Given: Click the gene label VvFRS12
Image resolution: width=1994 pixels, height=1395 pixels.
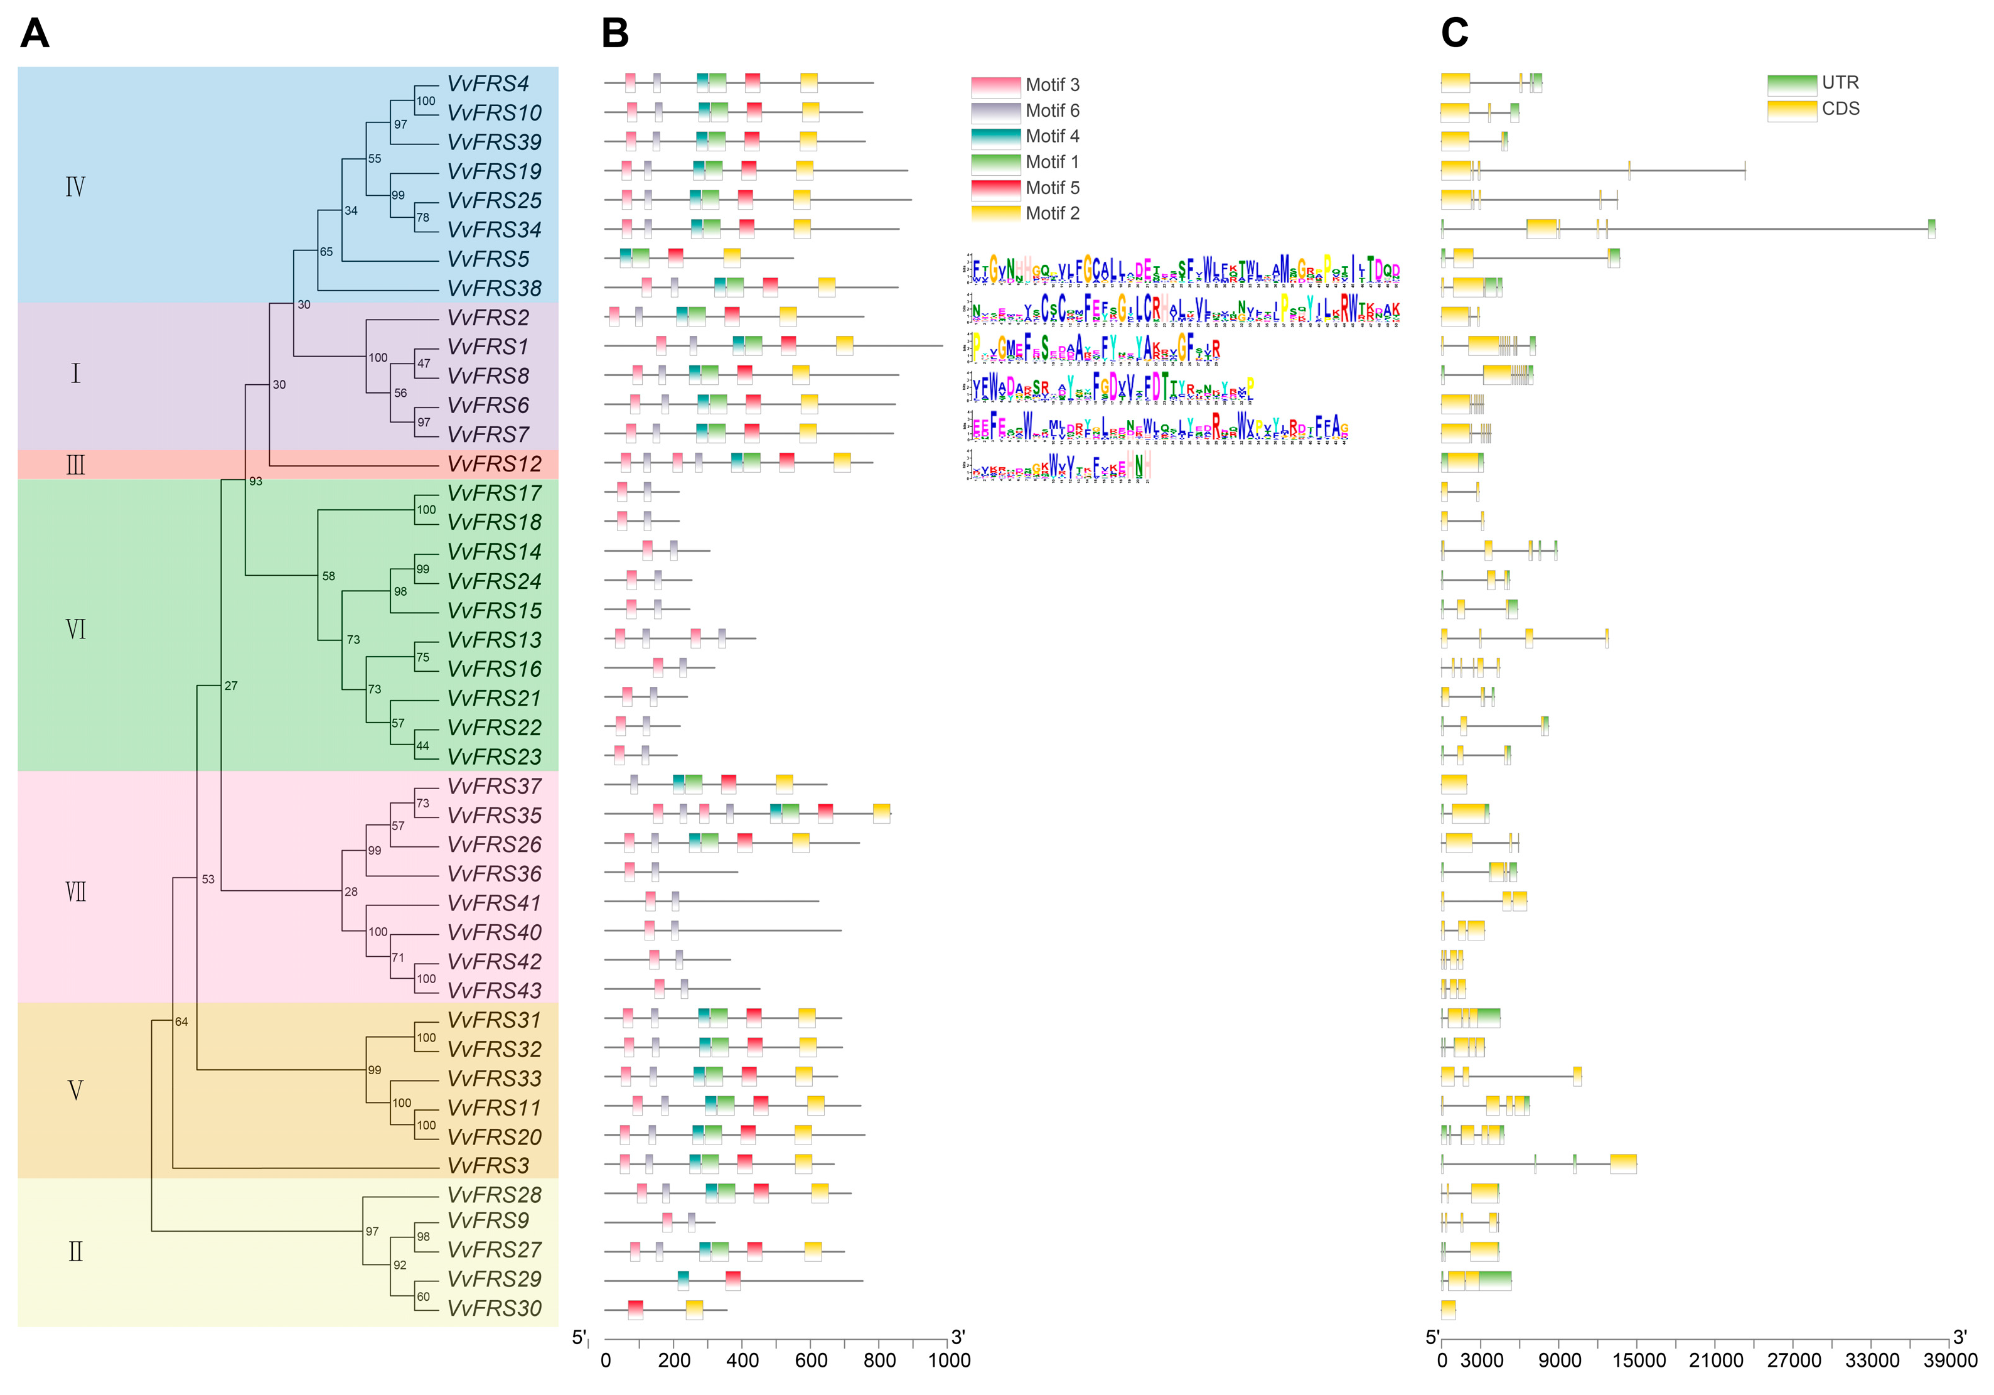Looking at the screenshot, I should (x=493, y=464).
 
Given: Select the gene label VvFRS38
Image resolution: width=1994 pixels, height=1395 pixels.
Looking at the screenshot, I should (x=493, y=288).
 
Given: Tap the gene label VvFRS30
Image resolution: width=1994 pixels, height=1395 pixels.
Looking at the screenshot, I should (x=493, y=1308).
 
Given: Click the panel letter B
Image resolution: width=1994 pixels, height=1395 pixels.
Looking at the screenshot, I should (x=615, y=34).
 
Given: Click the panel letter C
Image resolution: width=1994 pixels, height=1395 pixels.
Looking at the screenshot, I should (x=1455, y=34).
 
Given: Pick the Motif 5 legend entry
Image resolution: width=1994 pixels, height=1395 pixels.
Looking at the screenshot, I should (x=1025, y=188).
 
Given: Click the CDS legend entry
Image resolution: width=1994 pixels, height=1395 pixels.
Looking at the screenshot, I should (x=1815, y=109).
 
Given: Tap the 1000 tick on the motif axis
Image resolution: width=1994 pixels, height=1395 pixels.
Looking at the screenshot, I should (x=948, y=1361).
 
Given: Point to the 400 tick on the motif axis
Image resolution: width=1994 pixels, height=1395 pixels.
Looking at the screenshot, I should (x=742, y=1361).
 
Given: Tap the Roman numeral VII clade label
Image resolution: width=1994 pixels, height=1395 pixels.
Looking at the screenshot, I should (x=75, y=892).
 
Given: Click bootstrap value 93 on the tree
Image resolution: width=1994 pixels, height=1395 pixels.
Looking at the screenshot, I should (x=255, y=481).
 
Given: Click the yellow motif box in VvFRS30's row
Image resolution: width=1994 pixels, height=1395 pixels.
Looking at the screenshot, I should (x=694, y=1309).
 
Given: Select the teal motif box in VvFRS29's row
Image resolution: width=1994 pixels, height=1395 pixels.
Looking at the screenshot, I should (x=683, y=1279).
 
